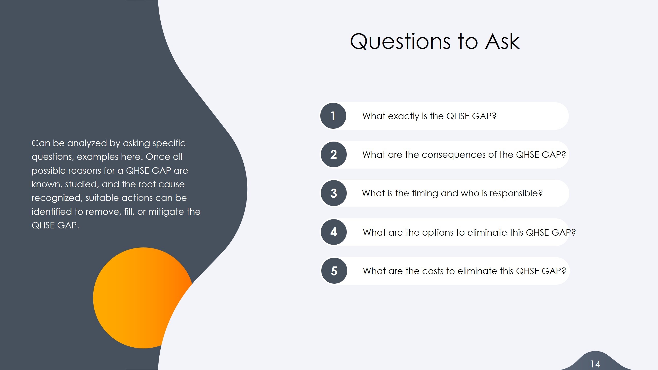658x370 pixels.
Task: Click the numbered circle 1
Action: tap(333, 116)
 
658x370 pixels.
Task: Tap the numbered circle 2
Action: tap(334, 154)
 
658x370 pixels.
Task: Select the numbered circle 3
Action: tap(334, 193)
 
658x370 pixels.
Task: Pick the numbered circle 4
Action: tap(334, 232)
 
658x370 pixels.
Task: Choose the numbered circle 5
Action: tap(334, 271)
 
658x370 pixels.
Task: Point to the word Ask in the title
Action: tap(502, 42)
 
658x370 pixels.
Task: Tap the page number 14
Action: tap(595, 364)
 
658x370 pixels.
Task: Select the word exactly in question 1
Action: tap(404, 116)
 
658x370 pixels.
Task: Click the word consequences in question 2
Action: tap(454, 155)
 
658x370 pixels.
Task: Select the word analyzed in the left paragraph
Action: tap(87, 143)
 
